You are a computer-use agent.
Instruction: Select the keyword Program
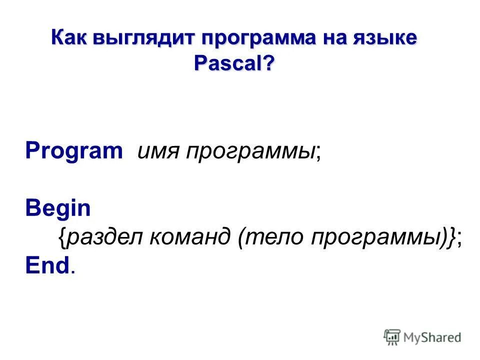73,150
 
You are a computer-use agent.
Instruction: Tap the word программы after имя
250,151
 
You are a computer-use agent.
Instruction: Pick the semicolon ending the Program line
318,152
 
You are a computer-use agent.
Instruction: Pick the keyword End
46,266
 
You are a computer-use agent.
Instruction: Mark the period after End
73,271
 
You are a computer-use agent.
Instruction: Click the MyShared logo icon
392,337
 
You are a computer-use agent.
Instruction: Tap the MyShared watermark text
433,337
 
